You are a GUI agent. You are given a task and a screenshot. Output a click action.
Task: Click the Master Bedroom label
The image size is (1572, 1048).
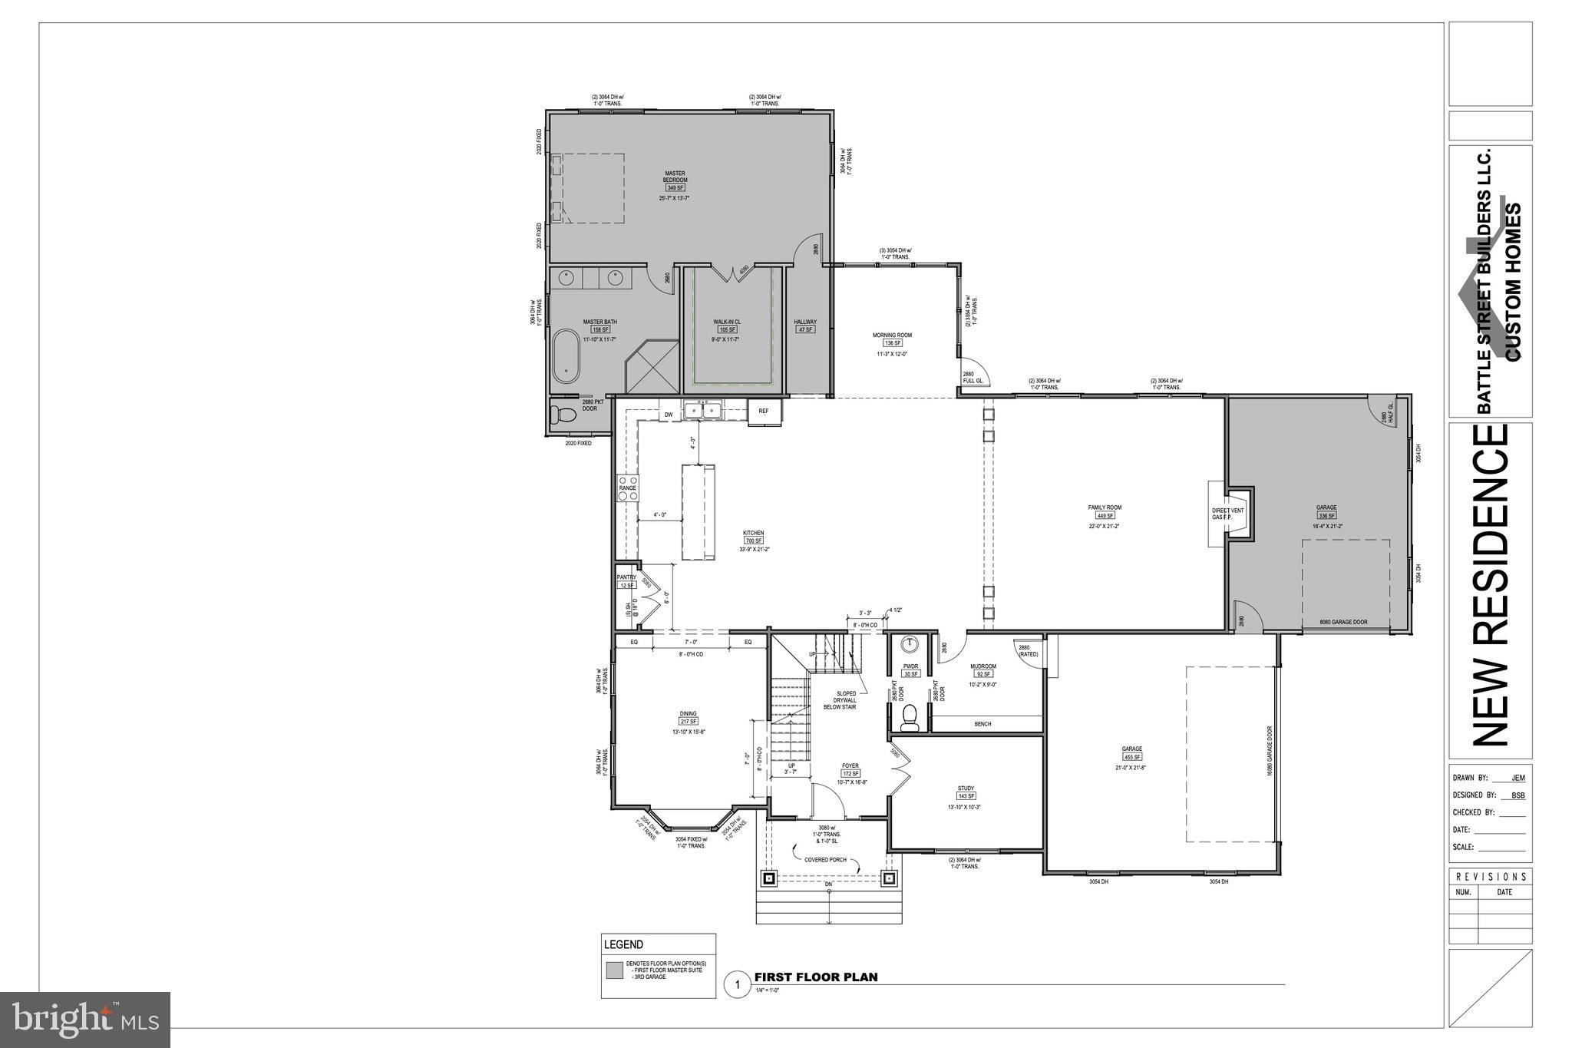click(x=675, y=177)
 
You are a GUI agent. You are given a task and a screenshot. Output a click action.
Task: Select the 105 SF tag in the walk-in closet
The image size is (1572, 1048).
click(x=727, y=329)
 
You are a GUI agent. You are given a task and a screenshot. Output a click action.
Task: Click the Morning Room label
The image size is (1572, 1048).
click(x=892, y=335)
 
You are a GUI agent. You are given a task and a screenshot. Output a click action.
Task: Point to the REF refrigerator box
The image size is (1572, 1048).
click(x=764, y=412)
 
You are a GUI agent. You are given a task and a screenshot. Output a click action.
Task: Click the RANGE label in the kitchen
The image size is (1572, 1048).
click(x=628, y=488)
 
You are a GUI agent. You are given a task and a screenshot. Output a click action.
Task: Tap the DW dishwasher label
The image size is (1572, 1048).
click(x=669, y=415)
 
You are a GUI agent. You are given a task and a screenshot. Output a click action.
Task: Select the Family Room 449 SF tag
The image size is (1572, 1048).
click(x=1105, y=516)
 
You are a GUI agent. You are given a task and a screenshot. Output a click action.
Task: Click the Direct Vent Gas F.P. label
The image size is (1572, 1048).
click(x=1227, y=514)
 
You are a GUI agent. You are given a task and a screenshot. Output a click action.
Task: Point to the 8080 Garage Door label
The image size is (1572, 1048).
click(x=1343, y=623)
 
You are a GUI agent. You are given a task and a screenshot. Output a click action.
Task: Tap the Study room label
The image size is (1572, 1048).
click(x=966, y=788)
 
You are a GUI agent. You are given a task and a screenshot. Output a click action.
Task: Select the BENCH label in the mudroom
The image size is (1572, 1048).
click(x=982, y=724)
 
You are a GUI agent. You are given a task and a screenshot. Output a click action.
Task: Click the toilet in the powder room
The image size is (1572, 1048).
click(x=910, y=716)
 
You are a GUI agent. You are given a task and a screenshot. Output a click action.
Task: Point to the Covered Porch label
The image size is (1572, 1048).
click(x=825, y=860)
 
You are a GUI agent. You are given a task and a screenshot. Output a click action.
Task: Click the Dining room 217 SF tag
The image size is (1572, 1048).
click(x=688, y=722)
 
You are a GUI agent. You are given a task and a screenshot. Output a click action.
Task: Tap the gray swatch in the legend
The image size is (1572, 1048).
click(x=614, y=970)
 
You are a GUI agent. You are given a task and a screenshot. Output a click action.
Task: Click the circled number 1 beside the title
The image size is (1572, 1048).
click(x=737, y=984)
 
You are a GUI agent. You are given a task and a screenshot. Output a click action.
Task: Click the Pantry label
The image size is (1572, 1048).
click(x=626, y=577)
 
